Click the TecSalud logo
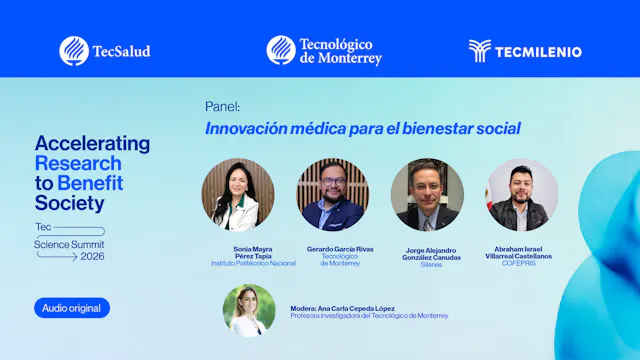(x=104, y=50)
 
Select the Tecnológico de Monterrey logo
(x=324, y=50)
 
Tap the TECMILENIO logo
(x=525, y=51)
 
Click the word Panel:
(x=222, y=106)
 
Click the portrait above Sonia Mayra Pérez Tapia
(x=238, y=195)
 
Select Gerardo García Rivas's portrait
(x=333, y=195)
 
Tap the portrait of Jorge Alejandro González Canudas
(x=427, y=195)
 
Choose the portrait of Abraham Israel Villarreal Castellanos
(x=522, y=195)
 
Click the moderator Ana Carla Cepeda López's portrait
(x=248, y=310)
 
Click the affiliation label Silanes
(x=432, y=264)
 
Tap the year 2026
(x=93, y=256)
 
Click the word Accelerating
(x=92, y=143)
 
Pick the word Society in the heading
(x=69, y=203)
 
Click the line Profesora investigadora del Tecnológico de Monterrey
(x=369, y=316)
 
